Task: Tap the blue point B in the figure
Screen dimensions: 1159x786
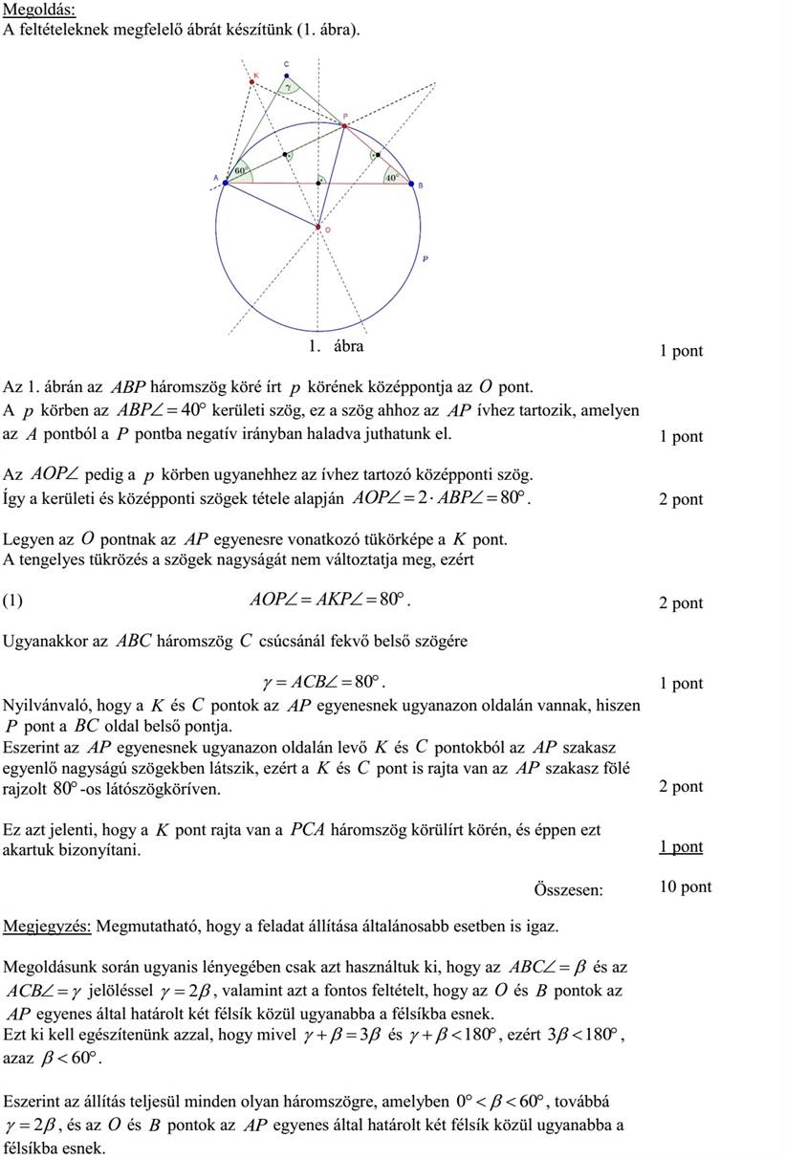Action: (x=411, y=183)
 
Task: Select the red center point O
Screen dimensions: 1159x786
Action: (x=318, y=227)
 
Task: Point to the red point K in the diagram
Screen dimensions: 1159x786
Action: (x=252, y=82)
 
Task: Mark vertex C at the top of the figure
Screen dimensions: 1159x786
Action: (x=286, y=76)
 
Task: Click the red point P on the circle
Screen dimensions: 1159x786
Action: (x=344, y=126)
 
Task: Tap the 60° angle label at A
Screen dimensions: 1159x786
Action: (x=240, y=170)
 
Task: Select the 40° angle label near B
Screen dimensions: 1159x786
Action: (x=391, y=177)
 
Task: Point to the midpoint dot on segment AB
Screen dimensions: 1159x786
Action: (x=318, y=183)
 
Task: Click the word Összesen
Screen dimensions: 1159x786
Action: (x=568, y=889)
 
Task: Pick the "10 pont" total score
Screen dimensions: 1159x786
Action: (x=685, y=886)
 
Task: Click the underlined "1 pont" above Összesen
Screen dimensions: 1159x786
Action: (x=680, y=846)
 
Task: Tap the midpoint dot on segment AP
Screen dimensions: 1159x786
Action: (x=284, y=155)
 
